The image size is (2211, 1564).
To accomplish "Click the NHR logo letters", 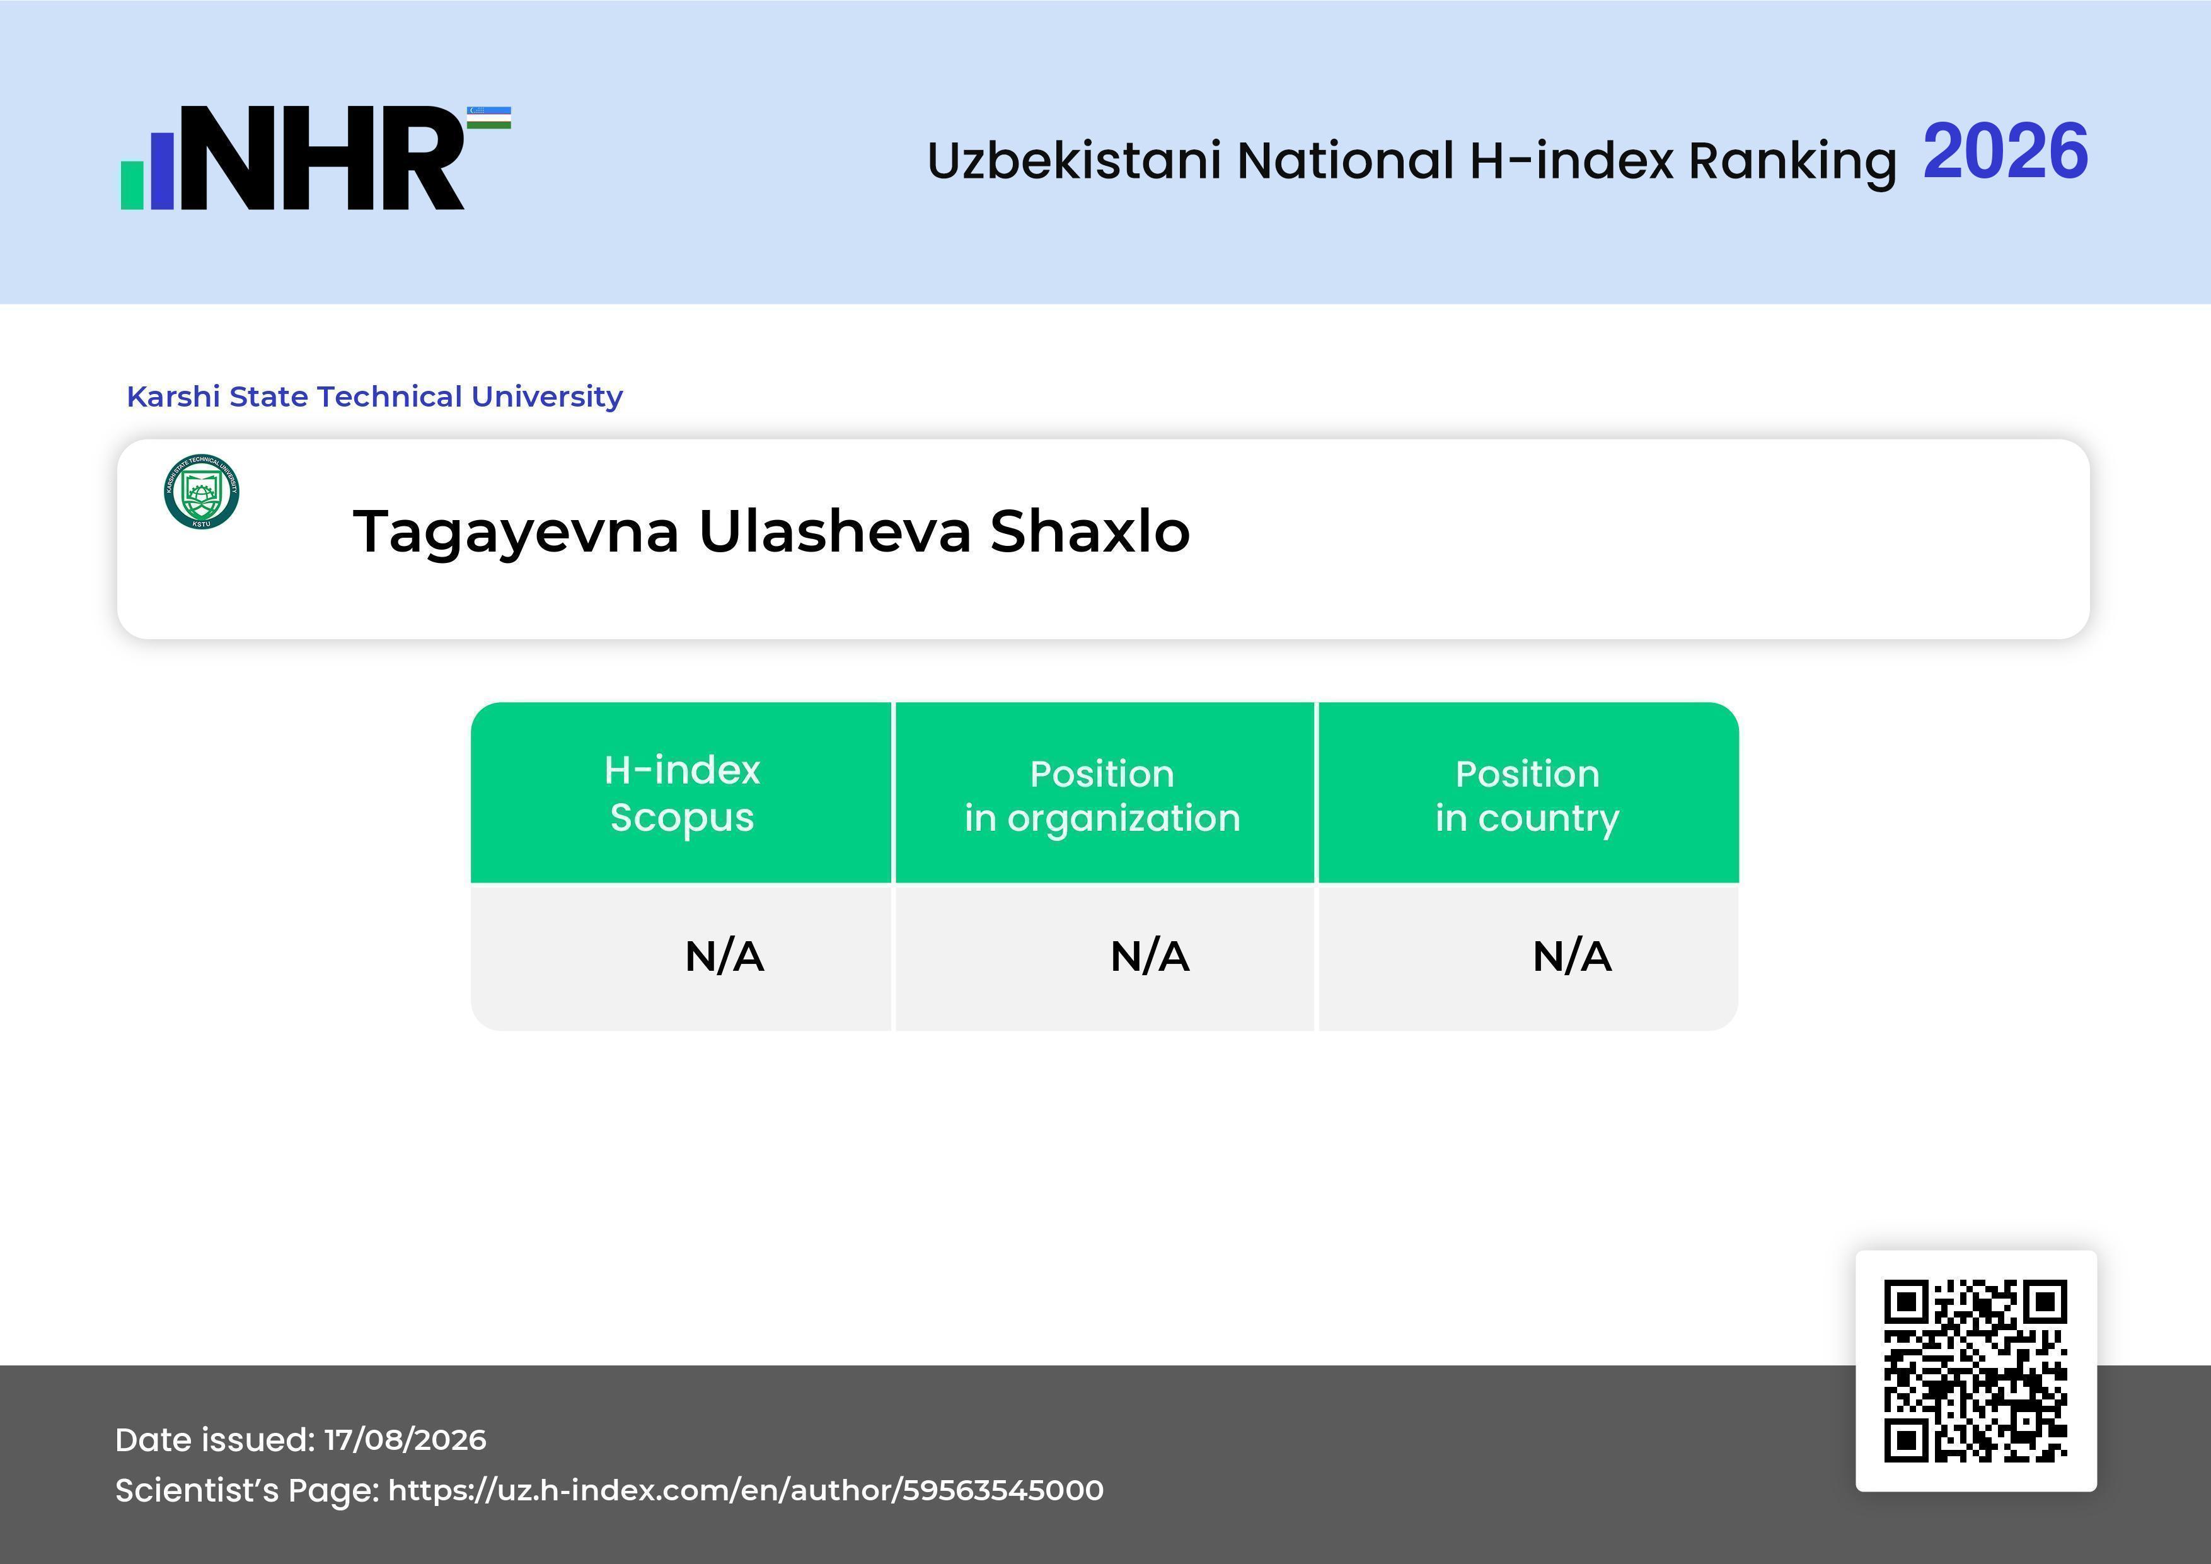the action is coord(323,158).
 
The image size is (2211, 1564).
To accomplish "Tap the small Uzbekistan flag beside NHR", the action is coord(489,117).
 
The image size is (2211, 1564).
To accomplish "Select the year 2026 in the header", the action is coord(2005,152).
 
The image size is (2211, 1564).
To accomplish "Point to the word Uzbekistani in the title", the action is coord(1075,160).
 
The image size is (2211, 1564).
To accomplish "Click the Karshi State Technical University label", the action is coord(374,397).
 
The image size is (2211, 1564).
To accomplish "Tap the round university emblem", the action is coord(201,491).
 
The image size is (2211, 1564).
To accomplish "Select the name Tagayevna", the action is coord(516,533).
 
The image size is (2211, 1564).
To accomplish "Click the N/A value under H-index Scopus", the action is coord(724,956).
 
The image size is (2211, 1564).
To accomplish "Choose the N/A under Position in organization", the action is coord(1150,956).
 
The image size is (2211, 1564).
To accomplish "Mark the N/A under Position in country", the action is coord(1571,956).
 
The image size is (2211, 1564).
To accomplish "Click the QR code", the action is coord(1976,1370).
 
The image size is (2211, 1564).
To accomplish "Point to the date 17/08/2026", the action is coord(405,1440).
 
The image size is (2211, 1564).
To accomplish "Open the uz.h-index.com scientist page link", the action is coord(746,1491).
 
